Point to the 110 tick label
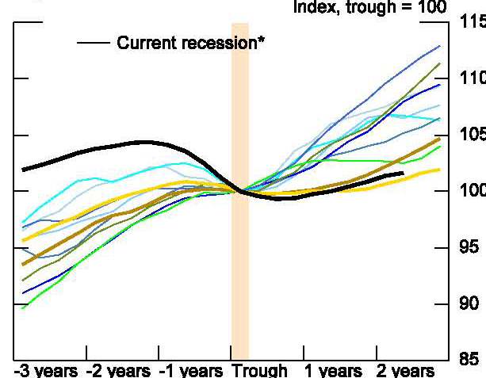(x=472, y=79)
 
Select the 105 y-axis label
(x=472, y=136)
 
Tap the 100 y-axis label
(x=472, y=192)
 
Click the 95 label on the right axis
(x=472, y=248)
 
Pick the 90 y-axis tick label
(x=472, y=304)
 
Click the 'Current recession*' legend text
(x=190, y=43)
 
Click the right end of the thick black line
(x=403, y=173)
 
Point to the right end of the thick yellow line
(x=440, y=170)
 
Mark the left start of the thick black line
(x=23, y=169)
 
